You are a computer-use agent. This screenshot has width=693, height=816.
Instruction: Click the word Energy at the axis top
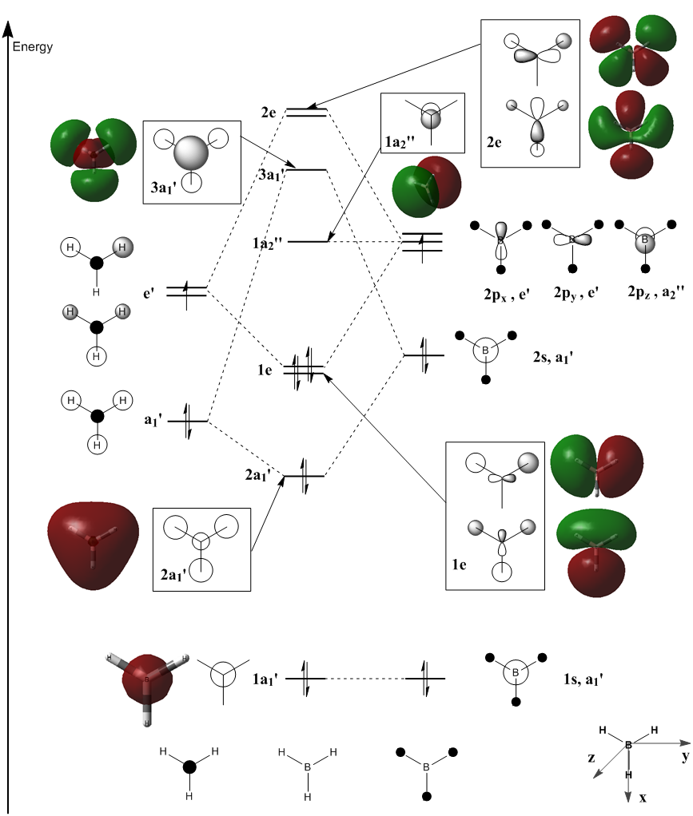[33, 47]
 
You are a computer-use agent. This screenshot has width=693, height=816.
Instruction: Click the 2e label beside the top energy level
[269, 113]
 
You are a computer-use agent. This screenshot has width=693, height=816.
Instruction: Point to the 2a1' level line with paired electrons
[305, 476]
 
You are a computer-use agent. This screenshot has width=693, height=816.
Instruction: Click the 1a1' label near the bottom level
[265, 679]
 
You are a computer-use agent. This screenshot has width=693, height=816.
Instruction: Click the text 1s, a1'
[583, 679]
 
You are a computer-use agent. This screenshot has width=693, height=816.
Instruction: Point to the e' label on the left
[149, 293]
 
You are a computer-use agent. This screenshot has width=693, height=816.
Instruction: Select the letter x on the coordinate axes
[643, 797]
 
